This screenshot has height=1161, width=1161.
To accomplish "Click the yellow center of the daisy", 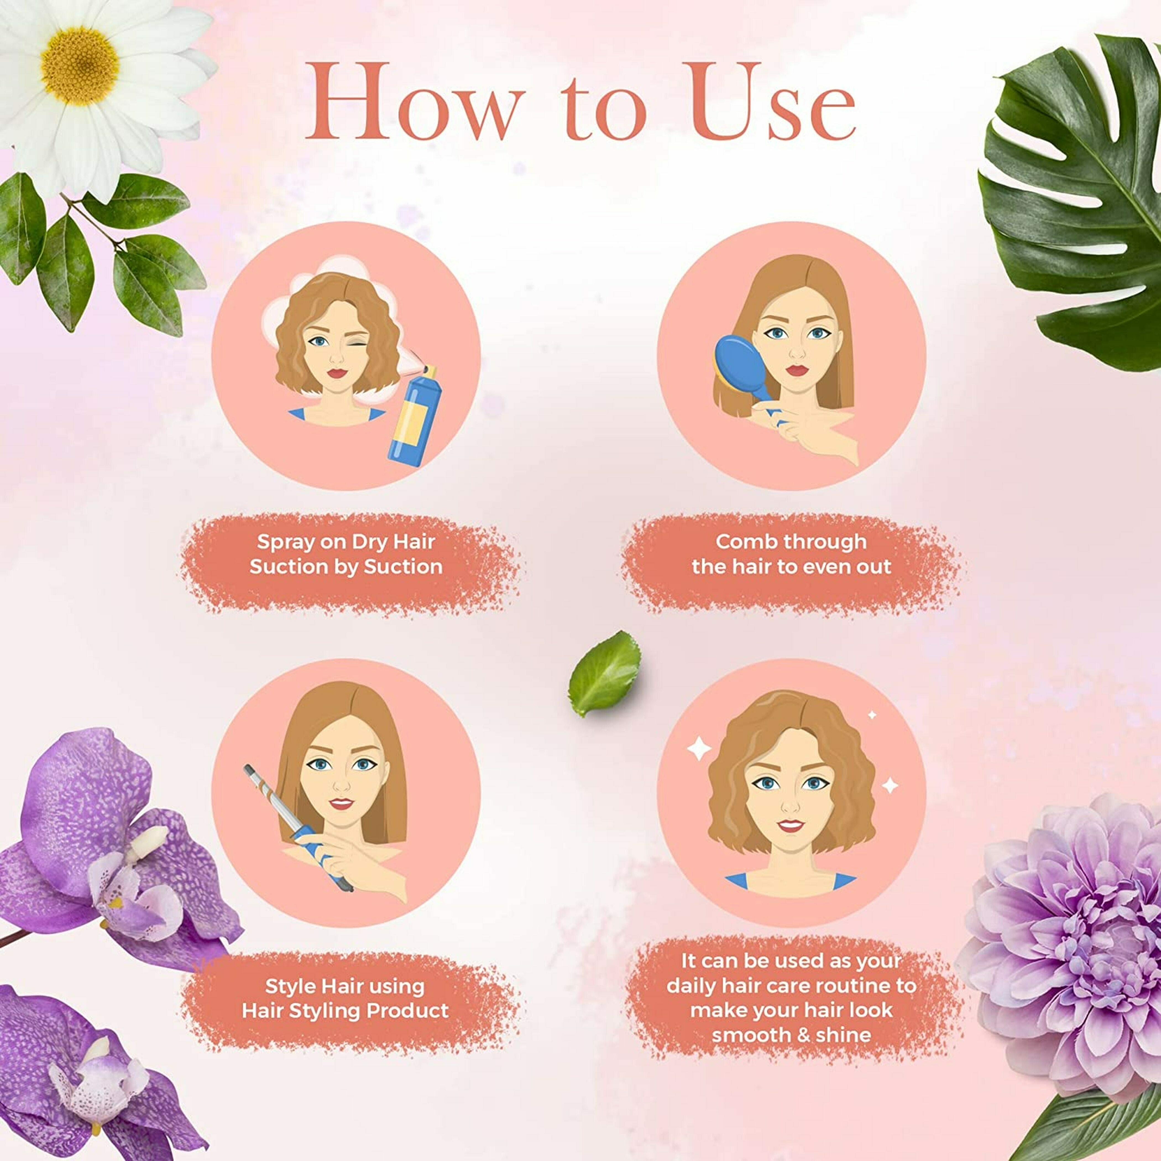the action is pyautogui.click(x=80, y=66).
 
